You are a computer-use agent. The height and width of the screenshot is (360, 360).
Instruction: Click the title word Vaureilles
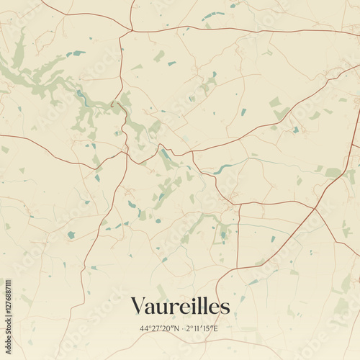pos(180,306)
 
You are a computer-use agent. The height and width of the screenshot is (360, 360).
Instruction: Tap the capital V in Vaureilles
pos(138,306)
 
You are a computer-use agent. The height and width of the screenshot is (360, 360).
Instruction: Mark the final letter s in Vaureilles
pos(225,307)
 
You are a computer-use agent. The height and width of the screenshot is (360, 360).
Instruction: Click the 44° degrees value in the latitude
pos(145,329)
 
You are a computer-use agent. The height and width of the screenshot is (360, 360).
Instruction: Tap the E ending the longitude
pos(215,329)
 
